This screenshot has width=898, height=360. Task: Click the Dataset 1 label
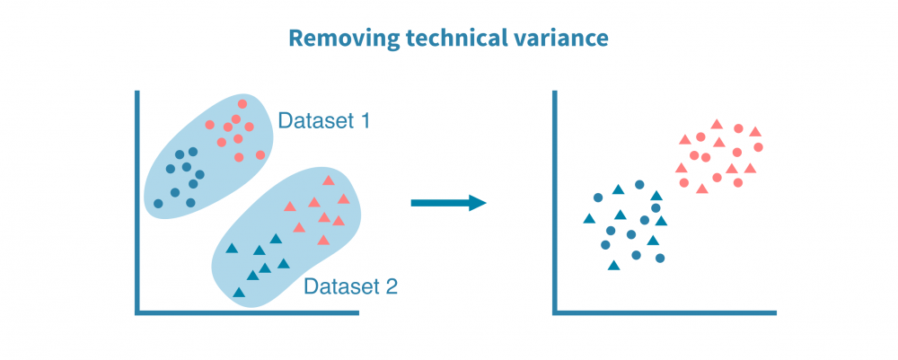tap(323, 120)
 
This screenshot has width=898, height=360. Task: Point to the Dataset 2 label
tap(349, 287)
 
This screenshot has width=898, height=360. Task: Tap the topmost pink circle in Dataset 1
tap(242, 104)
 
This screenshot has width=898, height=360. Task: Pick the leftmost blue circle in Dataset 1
tap(159, 203)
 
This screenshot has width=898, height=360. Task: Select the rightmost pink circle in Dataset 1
tap(260, 154)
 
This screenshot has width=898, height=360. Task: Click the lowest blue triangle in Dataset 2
tap(239, 292)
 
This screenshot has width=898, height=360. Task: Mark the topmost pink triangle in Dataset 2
tap(328, 180)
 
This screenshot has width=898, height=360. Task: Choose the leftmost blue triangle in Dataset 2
tap(231, 249)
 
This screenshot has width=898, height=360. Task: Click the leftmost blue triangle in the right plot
tap(589, 218)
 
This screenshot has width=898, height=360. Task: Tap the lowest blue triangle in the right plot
tap(613, 265)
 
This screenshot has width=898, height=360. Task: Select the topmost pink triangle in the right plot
tap(717, 124)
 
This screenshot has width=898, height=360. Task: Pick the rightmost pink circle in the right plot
tap(759, 146)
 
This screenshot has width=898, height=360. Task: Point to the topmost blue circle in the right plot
tap(639, 185)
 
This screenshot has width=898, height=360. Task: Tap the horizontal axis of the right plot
tap(665, 312)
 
